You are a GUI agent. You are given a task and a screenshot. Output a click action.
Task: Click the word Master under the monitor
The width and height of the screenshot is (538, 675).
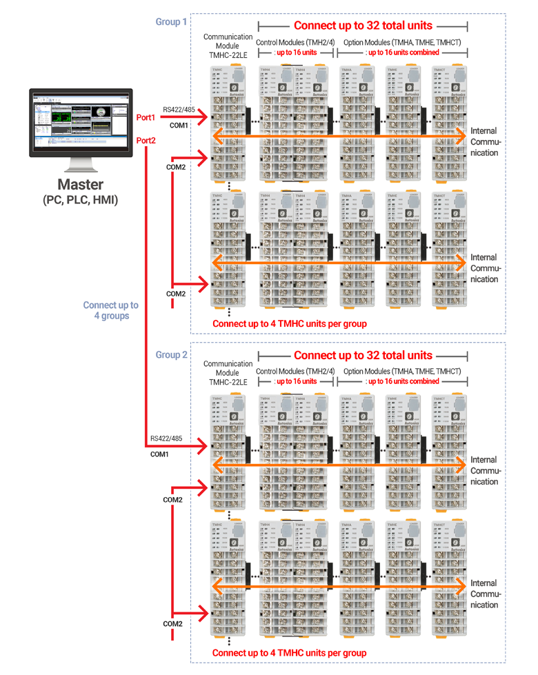click(81, 185)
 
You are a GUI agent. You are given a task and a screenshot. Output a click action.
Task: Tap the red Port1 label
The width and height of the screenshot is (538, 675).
click(146, 118)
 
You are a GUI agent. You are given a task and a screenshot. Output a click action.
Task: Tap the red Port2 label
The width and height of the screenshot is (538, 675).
click(146, 141)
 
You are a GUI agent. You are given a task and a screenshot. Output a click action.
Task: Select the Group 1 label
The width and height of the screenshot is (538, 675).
click(171, 22)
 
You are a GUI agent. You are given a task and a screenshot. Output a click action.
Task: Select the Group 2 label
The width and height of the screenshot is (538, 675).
click(171, 355)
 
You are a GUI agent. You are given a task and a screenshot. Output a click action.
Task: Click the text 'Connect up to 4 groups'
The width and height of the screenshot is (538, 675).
click(110, 310)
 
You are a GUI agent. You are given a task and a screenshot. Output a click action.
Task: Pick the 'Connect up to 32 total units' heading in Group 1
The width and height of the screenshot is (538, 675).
click(363, 26)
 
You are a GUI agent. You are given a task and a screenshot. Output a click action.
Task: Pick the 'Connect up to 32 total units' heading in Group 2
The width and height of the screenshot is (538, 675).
click(363, 356)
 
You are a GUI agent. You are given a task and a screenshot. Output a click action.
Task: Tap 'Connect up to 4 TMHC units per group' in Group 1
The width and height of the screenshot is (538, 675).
click(289, 323)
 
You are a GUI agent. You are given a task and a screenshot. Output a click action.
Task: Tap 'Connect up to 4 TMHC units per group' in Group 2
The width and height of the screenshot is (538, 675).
click(289, 653)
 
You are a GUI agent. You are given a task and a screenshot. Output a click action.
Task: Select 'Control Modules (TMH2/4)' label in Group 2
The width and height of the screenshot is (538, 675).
click(295, 371)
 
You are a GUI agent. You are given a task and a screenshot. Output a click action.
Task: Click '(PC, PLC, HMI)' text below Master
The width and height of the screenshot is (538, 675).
click(81, 200)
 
